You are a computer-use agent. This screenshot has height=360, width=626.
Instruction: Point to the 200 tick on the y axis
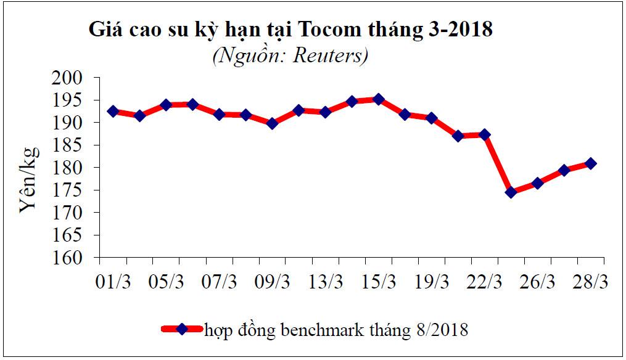point(80,78)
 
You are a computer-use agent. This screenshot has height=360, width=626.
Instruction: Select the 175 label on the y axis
point(80,190)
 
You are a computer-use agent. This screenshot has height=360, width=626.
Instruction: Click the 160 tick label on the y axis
point(80,258)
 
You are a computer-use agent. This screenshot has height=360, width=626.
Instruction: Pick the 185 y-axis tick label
point(80,145)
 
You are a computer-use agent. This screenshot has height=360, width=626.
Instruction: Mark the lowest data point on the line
point(511,192)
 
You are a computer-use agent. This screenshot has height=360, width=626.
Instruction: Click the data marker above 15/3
point(379,99)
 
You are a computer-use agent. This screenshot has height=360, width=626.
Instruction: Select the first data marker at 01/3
point(113,112)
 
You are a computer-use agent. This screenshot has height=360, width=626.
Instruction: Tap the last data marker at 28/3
point(590,163)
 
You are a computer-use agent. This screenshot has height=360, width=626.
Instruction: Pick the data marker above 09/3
point(272,123)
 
